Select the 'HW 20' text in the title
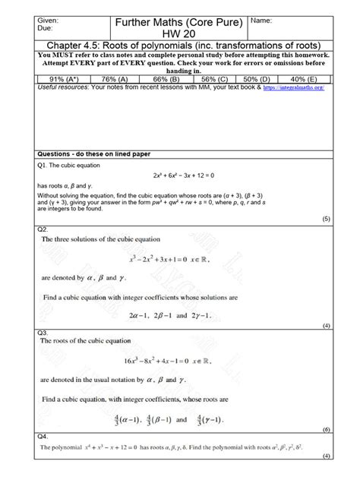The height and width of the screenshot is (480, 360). point(179,33)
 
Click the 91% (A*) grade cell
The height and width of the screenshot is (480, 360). point(59,78)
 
